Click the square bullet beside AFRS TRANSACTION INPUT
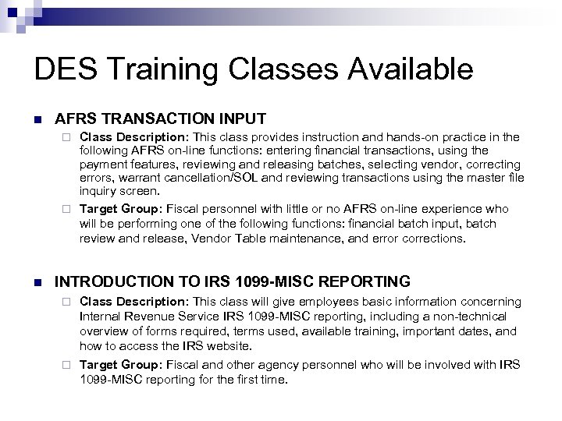click(x=37, y=120)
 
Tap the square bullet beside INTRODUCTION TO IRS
click(x=37, y=281)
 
